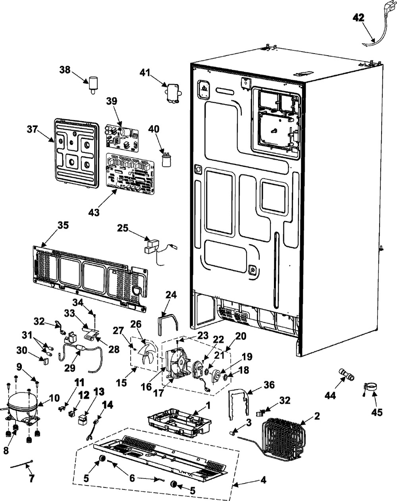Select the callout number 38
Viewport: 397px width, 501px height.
click(x=65, y=70)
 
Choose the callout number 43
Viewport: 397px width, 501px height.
click(x=94, y=212)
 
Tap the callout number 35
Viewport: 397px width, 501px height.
click(x=63, y=225)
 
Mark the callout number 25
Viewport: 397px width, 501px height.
click(x=123, y=228)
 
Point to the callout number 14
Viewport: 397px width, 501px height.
click(x=108, y=405)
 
